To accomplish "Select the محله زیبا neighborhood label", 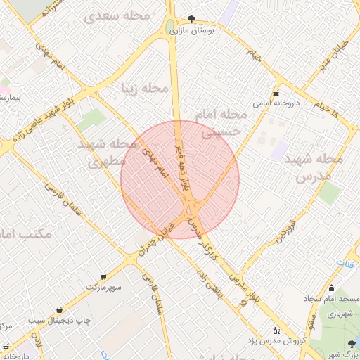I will pyautogui.click(x=146, y=89).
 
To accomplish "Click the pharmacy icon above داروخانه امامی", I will pyautogui.click(x=276, y=93).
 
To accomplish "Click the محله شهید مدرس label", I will pyautogui.click(x=314, y=168).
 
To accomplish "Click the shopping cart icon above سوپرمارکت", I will pyautogui.click(x=104, y=277).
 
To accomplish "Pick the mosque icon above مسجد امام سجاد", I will pyautogui.click(x=331, y=288).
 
